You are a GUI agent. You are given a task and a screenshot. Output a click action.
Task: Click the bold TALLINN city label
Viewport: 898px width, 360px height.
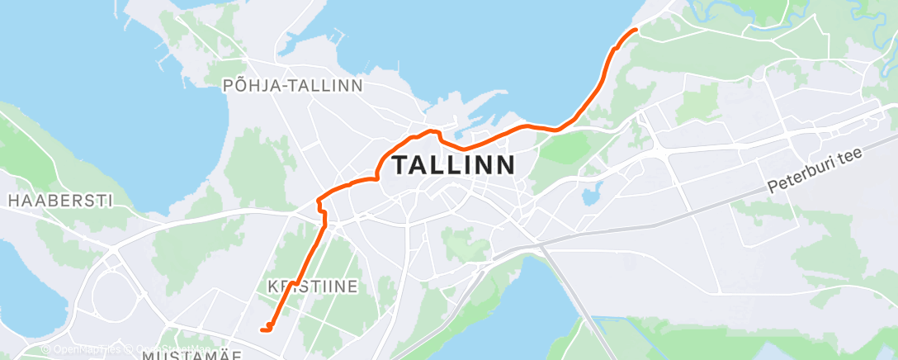click(454, 165)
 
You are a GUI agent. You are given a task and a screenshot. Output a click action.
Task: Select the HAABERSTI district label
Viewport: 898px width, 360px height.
click(59, 200)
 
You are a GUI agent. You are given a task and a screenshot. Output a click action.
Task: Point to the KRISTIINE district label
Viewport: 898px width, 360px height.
click(313, 287)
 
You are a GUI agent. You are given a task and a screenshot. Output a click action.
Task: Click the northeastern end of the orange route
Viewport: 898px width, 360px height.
click(636, 30)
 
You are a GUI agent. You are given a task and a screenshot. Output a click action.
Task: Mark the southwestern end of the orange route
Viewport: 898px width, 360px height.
click(262, 330)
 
